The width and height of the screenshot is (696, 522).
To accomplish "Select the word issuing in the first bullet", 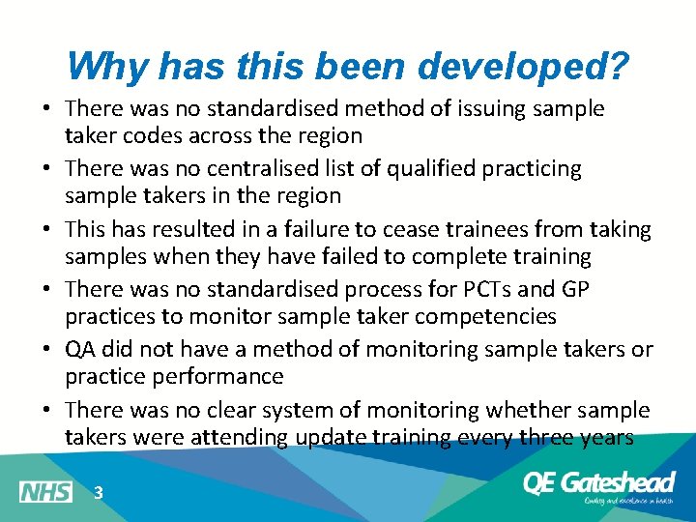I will click(x=466, y=109).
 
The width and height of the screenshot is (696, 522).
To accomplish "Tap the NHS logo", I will click(x=45, y=492).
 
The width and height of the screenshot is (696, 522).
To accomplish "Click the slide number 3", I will click(x=98, y=493).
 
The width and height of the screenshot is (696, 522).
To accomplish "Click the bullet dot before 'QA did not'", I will click(x=47, y=349).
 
